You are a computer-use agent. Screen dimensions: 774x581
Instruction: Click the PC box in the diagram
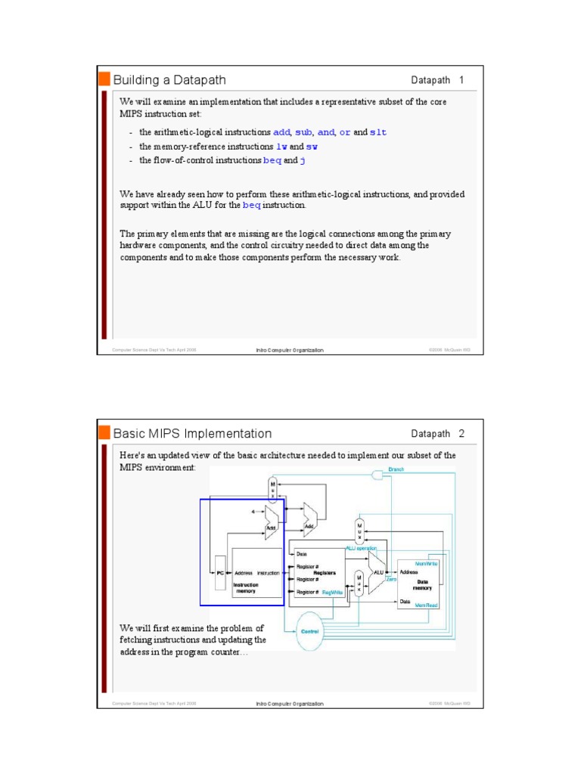(x=221, y=572)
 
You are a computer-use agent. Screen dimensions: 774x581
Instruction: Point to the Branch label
(x=396, y=469)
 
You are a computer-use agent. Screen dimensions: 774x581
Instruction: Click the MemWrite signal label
(x=428, y=563)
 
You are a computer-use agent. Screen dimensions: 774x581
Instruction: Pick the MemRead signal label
(x=428, y=605)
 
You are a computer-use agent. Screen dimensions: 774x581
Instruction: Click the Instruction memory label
(x=246, y=588)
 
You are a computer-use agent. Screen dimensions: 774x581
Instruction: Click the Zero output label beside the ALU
(x=391, y=580)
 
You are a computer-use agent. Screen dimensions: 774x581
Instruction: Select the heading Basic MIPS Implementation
(x=192, y=434)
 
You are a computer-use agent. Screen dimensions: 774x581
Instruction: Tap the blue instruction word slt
(x=377, y=132)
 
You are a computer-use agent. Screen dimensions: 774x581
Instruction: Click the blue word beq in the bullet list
(x=272, y=161)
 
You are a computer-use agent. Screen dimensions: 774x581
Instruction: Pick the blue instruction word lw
(x=281, y=147)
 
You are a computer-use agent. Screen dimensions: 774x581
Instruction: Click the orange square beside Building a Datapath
(x=104, y=79)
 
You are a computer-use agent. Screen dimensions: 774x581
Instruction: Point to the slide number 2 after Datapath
(x=461, y=434)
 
